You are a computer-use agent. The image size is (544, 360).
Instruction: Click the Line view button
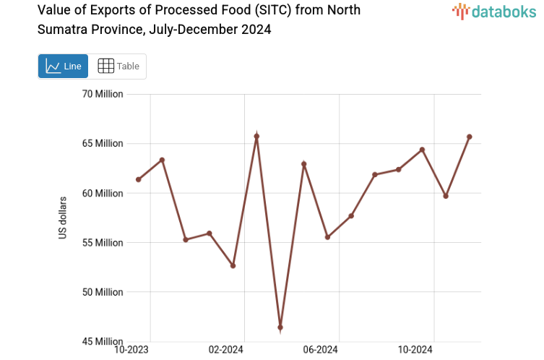[63, 66]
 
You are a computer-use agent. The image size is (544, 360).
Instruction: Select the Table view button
[118, 66]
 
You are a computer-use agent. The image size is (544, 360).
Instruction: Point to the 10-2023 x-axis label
[133, 350]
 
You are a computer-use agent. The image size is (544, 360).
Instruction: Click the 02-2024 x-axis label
[225, 350]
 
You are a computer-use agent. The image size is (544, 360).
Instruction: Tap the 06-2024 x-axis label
[320, 350]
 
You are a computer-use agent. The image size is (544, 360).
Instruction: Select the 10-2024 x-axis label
[415, 350]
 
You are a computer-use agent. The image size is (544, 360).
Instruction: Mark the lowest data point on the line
[280, 327]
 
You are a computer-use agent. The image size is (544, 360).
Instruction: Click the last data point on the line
[470, 137]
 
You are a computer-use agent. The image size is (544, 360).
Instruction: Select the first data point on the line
[138, 179]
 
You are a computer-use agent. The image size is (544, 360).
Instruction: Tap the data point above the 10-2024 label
[422, 150]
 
